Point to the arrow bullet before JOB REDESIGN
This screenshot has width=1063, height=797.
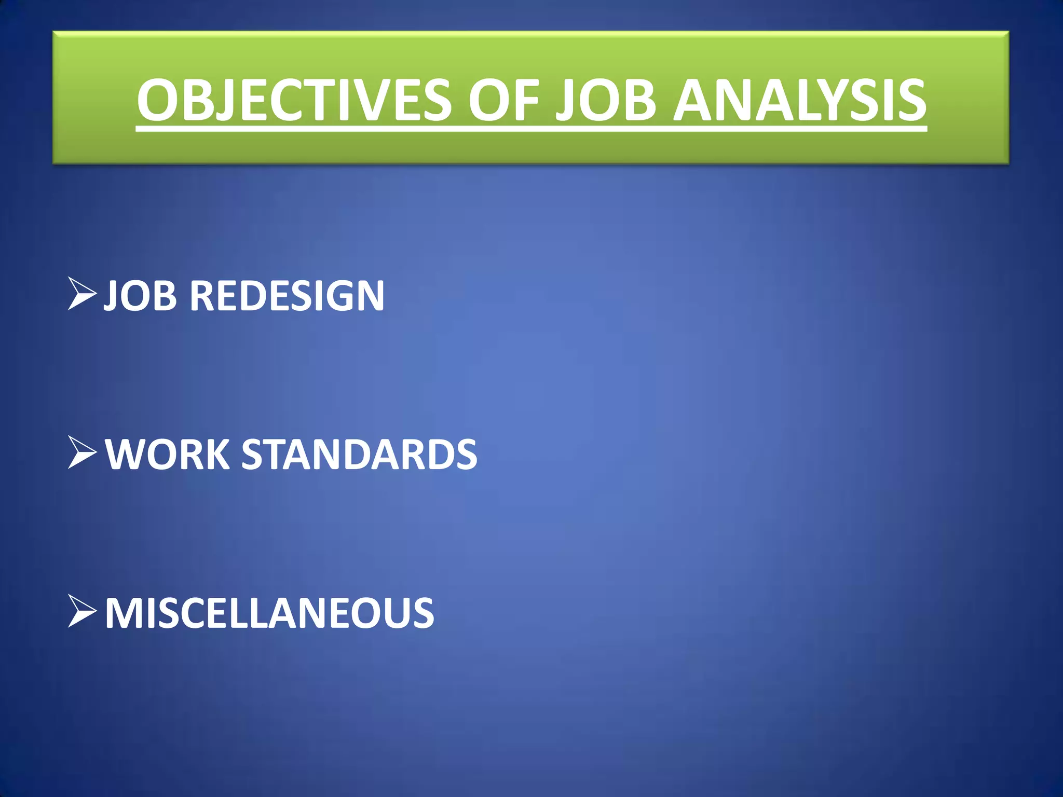pos(82,294)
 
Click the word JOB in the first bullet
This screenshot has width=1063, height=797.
pos(140,296)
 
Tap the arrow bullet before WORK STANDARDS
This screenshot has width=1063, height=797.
pos(82,453)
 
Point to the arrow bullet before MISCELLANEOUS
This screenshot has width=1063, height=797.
pos(82,612)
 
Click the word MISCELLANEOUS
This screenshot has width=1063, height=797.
pos(269,613)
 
